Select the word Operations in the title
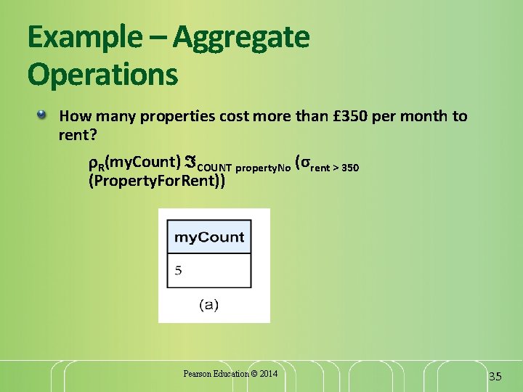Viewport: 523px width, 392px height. (x=102, y=74)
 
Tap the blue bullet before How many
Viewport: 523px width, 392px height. (x=44, y=115)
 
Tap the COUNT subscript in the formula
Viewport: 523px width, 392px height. (x=215, y=168)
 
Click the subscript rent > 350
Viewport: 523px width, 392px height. (x=335, y=168)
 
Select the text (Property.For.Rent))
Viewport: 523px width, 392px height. (x=156, y=181)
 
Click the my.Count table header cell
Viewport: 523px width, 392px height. (x=209, y=238)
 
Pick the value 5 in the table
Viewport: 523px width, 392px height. (x=179, y=271)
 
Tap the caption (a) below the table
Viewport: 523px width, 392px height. (x=208, y=305)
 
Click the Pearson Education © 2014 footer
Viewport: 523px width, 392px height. (x=230, y=374)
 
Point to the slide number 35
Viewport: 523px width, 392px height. (x=495, y=376)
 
